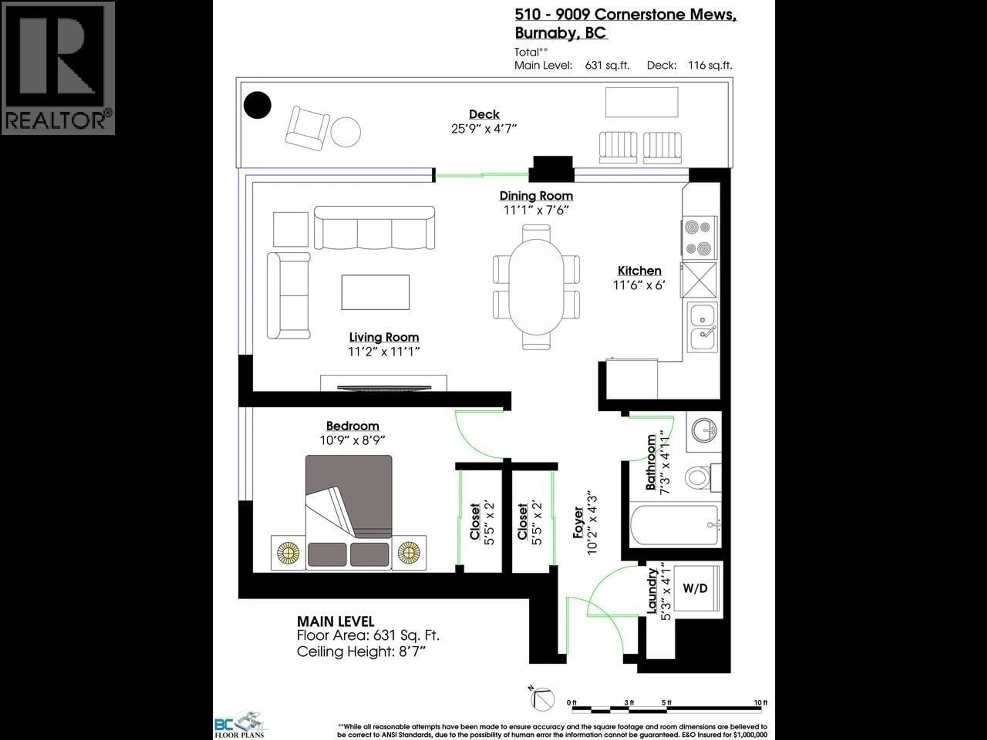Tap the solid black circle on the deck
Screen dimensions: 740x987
pos(258,105)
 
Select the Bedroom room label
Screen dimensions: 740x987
pos(352,426)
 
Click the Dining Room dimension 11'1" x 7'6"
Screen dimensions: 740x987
pos(536,210)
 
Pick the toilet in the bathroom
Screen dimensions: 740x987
pos(697,477)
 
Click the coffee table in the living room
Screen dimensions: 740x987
pos(375,292)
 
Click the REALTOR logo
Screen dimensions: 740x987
pos(58,68)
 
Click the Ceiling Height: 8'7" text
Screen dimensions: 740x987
pos(361,652)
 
